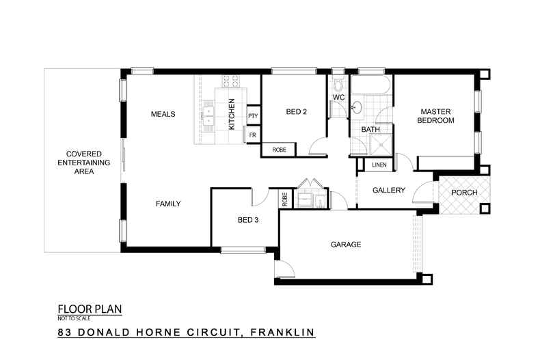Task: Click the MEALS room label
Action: (x=163, y=114)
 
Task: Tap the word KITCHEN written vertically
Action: (x=232, y=114)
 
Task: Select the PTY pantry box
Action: (x=252, y=116)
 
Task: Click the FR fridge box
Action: (x=252, y=135)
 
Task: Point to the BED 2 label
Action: (x=296, y=112)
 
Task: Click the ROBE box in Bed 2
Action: (x=279, y=150)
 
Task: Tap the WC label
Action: (x=338, y=98)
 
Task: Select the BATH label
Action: (x=370, y=129)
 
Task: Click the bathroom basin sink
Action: (x=357, y=107)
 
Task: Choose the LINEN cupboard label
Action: (x=379, y=165)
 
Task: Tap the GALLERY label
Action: (x=389, y=191)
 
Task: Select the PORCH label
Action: (x=464, y=193)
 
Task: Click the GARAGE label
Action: (x=346, y=245)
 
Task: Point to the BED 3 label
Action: (x=248, y=220)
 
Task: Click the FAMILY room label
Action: (x=168, y=204)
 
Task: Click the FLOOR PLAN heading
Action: (x=90, y=309)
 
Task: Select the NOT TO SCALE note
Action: (x=72, y=318)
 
